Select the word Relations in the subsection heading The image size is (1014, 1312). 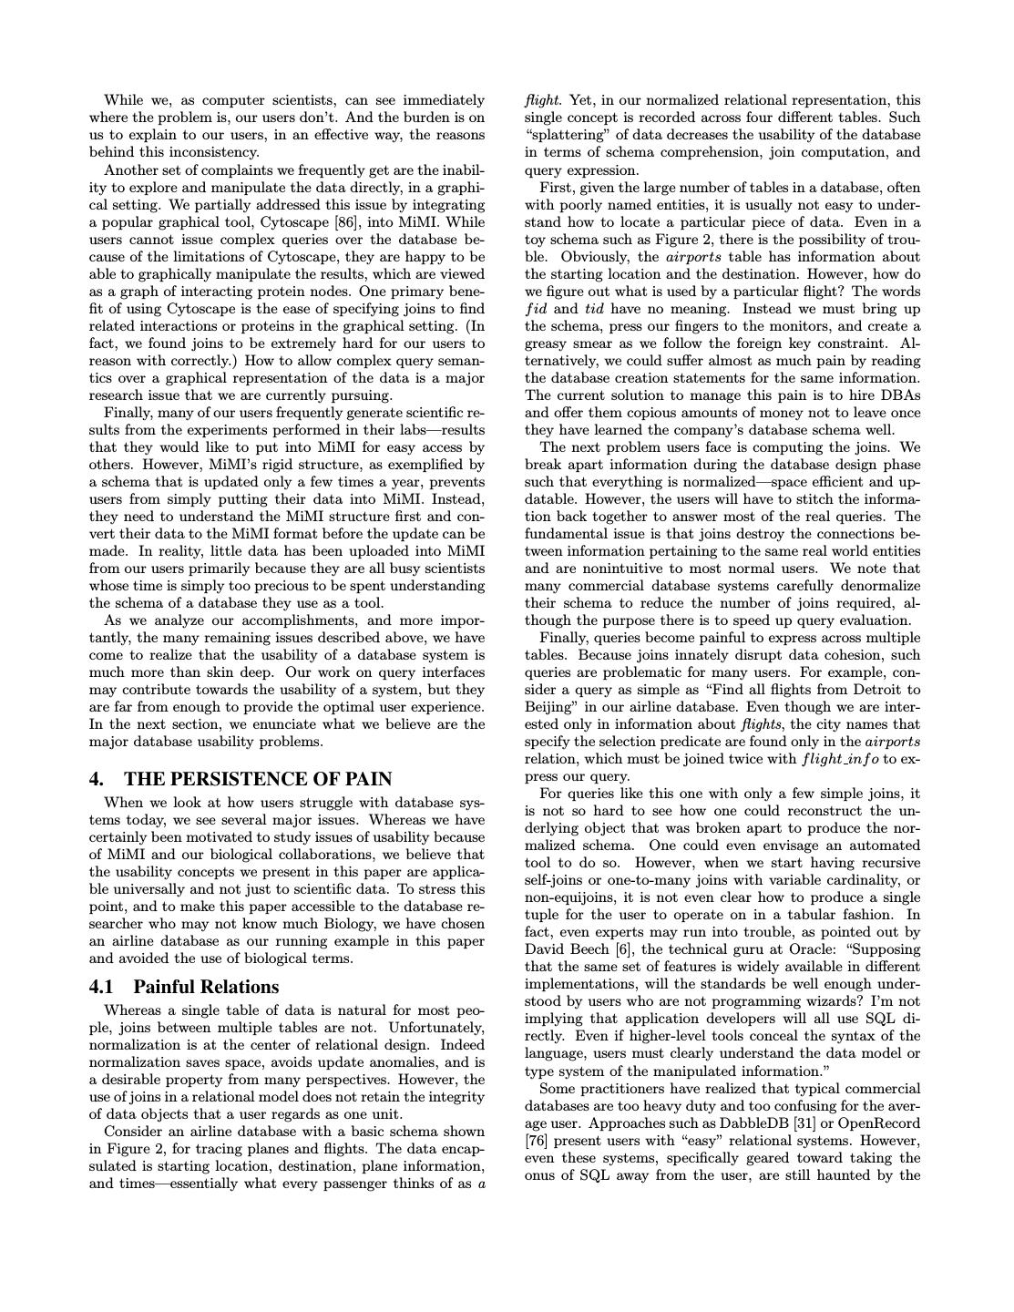(x=238, y=987)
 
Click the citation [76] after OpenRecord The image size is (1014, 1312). (x=538, y=1141)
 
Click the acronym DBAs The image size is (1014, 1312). (x=900, y=395)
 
